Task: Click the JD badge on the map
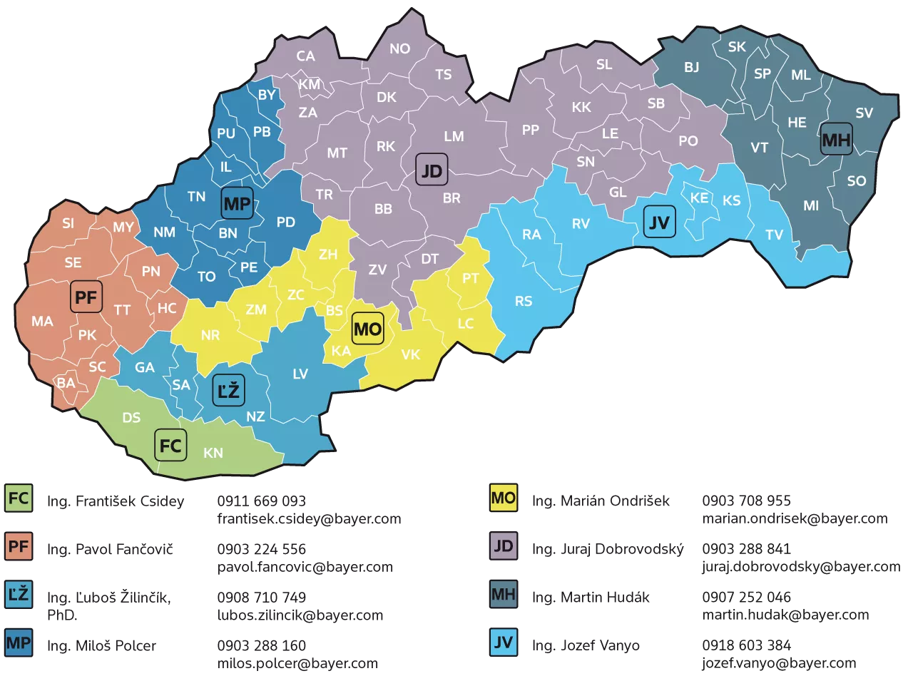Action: pyautogui.click(x=432, y=170)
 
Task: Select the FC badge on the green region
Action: pyautogui.click(x=170, y=446)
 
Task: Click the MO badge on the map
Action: pyautogui.click(x=368, y=329)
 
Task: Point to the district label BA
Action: pyautogui.click(x=66, y=383)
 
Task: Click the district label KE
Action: pyautogui.click(x=699, y=198)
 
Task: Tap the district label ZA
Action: pyautogui.click(x=307, y=112)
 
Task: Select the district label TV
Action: pyautogui.click(x=774, y=235)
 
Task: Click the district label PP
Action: pyautogui.click(x=530, y=130)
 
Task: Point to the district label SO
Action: pyautogui.click(x=856, y=181)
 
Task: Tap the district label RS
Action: pyautogui.click(x=524, y=301)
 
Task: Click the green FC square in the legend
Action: pyautogui.click(x=19, y=499)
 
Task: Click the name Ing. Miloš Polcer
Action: pyautogui.click(x=101, y=646)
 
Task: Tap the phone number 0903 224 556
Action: pyautogui.click(x=261, y=549)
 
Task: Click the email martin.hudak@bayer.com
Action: pyautogui.click(x=785, y=614)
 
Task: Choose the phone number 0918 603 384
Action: pyautogui.click(x=746, y=645)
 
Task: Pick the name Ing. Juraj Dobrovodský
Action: pyautogui.click(x=608, y=549)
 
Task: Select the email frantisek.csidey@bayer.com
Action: pyautogui.click(x=309, y=518)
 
